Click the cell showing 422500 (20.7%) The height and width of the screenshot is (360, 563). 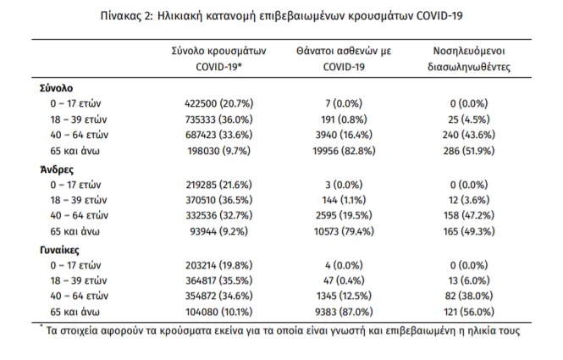pos(219,103)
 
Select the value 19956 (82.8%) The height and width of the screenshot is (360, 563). pos(344,151)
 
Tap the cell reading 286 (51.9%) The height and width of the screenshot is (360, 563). pos(468,151)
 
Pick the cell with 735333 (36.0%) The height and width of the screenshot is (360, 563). pos(219,119)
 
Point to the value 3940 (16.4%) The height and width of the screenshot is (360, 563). pos(344,135)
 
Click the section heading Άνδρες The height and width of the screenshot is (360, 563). pos(57,169)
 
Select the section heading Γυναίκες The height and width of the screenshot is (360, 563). pos(59,250)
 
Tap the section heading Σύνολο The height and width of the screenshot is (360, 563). pos(57,88)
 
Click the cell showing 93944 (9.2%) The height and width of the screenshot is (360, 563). pos(219,231)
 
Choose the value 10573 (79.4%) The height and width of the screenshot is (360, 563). pos(344,231)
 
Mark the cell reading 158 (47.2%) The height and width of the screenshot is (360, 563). pos(468,215)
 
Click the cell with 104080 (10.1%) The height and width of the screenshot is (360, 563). pos(219,312)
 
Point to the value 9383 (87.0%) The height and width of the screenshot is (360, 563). pos(344,312)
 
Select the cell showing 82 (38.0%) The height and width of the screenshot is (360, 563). pos(468,296)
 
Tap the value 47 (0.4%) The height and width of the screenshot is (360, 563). pos(344,280)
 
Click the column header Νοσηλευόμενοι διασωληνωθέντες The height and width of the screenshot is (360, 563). pos(468,58)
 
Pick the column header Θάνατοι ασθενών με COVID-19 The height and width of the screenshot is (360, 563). pos(344,58)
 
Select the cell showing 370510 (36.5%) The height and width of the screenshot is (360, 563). pos(219,200)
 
